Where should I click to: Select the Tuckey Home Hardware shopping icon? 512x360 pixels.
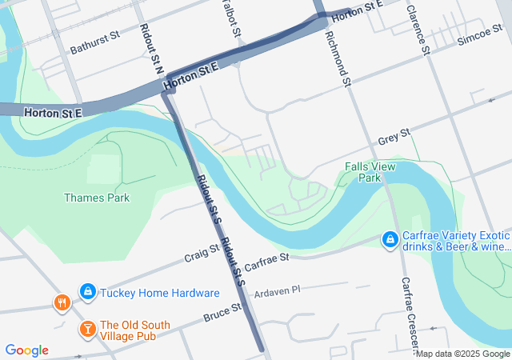click(88, 293)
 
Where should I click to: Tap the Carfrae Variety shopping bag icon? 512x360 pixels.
click(390, 239)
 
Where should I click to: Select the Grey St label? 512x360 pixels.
click(394, 138)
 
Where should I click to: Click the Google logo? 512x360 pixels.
click(26, 350)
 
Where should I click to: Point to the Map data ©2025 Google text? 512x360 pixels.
click(463, 354)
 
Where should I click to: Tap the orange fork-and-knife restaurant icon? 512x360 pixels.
click(62, 302)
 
